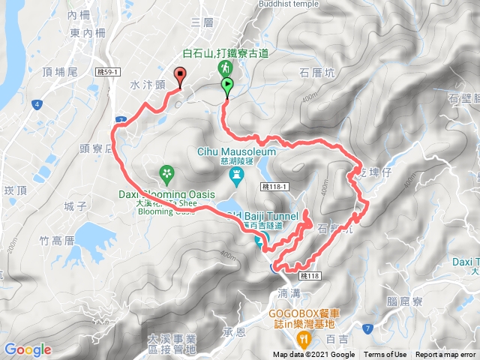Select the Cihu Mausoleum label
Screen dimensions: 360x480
click(x=237, y=151)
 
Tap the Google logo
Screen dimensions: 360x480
click(x=28, y=349)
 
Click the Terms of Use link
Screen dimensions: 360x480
click(x=385, y=355)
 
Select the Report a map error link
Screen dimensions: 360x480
click(x=445, y=355)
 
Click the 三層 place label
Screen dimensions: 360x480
click(x=203, y=22)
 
